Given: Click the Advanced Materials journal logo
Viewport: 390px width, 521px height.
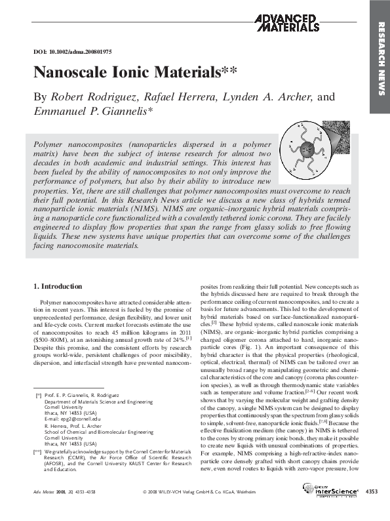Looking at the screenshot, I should click(x=286, y=23).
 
